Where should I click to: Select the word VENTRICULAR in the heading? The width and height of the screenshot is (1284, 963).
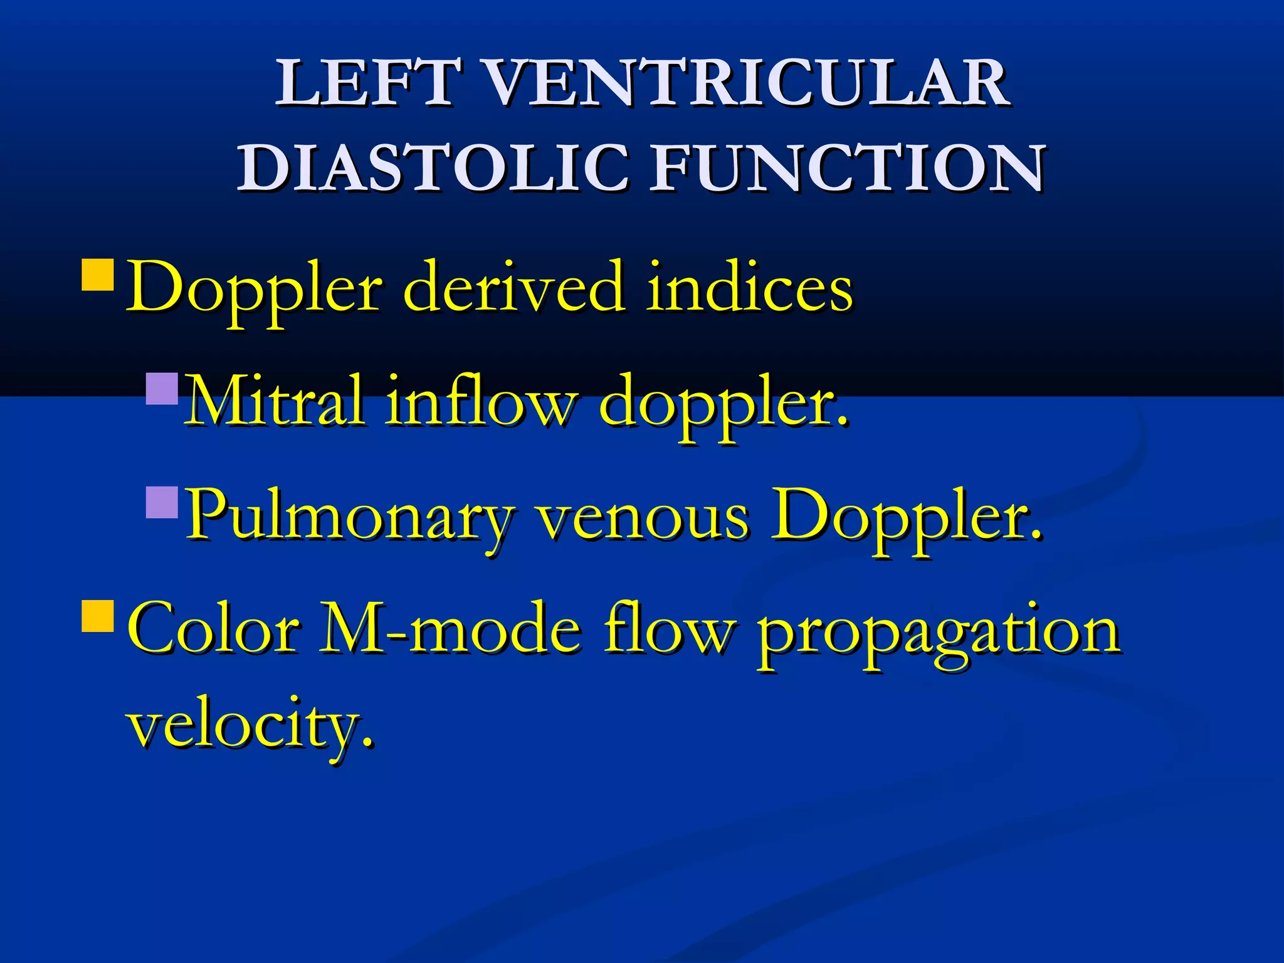tap(746, 83)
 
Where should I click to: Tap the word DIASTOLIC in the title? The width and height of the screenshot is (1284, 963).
tap(433, 167)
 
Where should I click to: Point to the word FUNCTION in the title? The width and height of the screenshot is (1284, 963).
tap(846, 167)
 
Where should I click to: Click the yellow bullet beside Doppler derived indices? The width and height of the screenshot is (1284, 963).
tap(98, 275)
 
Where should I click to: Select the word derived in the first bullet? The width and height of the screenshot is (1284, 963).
tap(514, 288)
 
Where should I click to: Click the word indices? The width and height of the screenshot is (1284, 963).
tap(749, 288)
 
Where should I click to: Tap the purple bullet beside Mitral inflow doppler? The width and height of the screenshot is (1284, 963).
tap(162, 389)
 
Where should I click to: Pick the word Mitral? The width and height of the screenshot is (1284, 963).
tap(276, 401)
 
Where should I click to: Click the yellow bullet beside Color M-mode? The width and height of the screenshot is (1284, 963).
tap(98, 615)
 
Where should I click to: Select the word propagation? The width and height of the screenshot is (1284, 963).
tap(937, 633)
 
